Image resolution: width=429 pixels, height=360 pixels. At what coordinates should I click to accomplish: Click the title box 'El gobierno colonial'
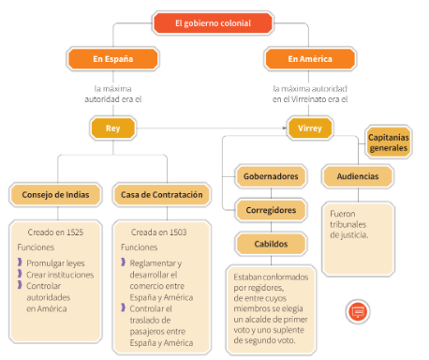click(x=214, y=22)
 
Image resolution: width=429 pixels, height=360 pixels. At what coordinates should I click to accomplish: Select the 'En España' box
click(x=112, y=59)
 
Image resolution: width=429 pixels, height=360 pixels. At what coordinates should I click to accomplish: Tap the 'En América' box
click(x=309, y=59)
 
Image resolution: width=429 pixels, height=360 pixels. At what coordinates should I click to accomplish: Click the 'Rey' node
click(x=112, y=127)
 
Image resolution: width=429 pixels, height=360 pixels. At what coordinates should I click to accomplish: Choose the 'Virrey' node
click(x=309, y=127)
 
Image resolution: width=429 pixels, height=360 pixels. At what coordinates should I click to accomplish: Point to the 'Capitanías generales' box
click(x=389, y=142)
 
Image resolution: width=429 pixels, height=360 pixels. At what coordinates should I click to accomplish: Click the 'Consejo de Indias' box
click(x=55, y=195)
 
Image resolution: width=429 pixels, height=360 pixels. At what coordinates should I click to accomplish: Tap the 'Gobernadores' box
click(x=271, y=176)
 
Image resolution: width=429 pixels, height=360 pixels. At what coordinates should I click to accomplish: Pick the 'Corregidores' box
click(x=271, y=210)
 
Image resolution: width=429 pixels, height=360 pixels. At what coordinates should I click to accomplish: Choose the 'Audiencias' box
click(x=357, y=176)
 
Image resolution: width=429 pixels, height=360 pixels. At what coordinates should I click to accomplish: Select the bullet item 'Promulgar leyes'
click(x=55, y=263)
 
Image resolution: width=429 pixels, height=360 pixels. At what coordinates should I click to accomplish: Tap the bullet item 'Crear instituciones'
click(x=60, y=276)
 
